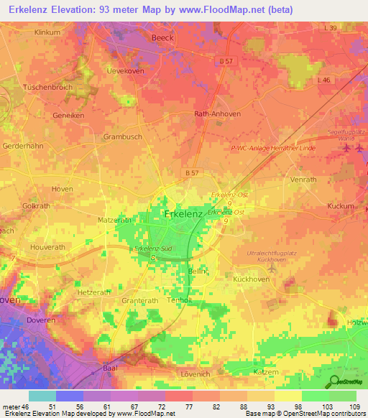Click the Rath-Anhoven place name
(216, 113)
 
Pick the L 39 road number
(331, 27)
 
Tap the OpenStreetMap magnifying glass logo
(335, 382)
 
